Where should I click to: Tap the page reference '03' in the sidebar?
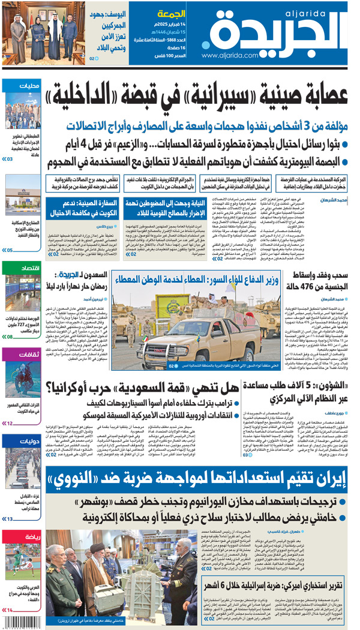(10, 159)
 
